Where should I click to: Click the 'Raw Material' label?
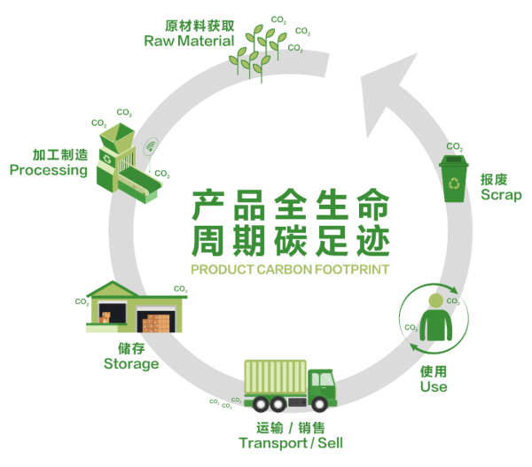point(189,41)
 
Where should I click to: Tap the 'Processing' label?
point(49,170)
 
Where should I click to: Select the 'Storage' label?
point(131,363)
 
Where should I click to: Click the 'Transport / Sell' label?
point(291,441)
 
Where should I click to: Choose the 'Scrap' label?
point(500,195)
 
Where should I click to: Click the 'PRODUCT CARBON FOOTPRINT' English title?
point(290,269)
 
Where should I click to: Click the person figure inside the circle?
point(434,318)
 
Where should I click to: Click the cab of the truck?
point(322,387)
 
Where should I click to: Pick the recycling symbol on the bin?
point(455,183)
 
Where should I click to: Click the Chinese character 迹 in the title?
point(372,240)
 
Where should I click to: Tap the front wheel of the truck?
point(324,404)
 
